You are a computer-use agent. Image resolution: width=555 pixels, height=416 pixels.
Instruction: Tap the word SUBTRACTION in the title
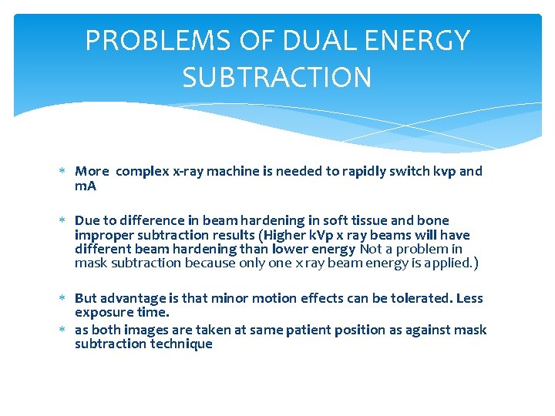[x=277, y=77]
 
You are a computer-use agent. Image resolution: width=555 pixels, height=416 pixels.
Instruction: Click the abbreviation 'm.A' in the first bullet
[x=86, y=186]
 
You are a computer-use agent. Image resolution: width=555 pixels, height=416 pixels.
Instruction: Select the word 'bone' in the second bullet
[x=434, y=221]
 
